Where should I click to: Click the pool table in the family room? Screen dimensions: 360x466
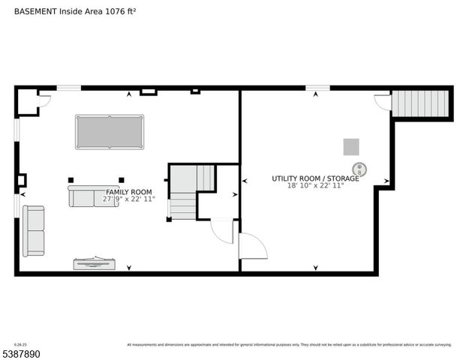(x=110, y=131)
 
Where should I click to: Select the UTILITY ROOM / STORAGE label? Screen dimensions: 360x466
(x=315, y=178)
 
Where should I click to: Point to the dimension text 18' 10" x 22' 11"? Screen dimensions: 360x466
(x=315, y=186)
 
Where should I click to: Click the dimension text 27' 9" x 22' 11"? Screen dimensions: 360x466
(x=129, y=199)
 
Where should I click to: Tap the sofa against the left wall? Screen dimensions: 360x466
(x=33, y=230)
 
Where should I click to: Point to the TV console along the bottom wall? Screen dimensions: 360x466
(x=95, y=263)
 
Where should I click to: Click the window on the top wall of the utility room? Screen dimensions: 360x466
(x=317, y=88)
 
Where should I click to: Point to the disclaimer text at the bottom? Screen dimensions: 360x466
(x=289, y=345)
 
